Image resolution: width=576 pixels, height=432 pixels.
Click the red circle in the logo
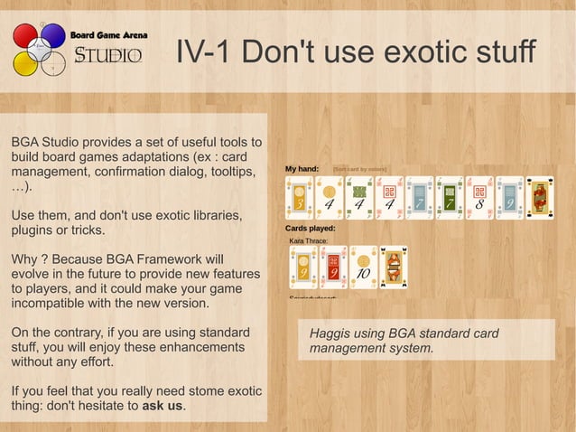pyautogui.click(x=24, y=37)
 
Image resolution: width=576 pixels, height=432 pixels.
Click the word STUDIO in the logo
pyautogui.click(x=107, y=56)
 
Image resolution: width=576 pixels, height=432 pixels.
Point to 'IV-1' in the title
pyautogui.click(x=200, y=52)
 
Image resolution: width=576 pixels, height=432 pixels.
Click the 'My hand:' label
pyautogui.click(x=302, y=169)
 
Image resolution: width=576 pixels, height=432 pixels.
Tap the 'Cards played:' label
pyautogui.click(x=310, y=229)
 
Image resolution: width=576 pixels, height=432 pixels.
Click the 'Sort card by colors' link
pyautogui.click(x=359, y=169)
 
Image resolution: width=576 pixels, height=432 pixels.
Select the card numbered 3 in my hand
pyautogui.click(x=299, y=198)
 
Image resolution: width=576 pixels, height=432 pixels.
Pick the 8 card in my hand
pyautogui.click(x=479, y=198)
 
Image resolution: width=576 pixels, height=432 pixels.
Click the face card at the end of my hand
pyautogui.click(x=539, y=198)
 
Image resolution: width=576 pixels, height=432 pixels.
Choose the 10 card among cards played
pyautogui.click(x=363, y=268)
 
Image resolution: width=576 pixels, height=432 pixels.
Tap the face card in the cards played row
pyautogui.click(x=394, y=268)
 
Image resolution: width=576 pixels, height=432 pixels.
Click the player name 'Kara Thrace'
pyautogui.click(x=308, y=241)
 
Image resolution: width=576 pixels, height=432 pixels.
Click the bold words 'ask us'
pyautogui.click(x=163, y=406)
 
